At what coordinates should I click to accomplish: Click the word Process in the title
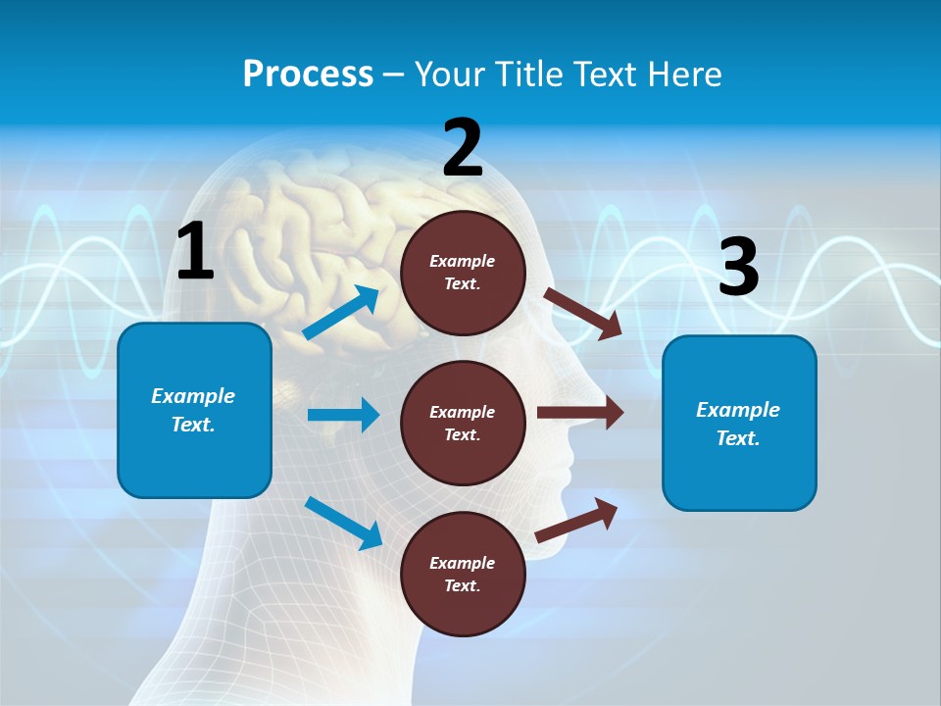coord(308,74)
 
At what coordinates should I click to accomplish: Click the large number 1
coord(195,252)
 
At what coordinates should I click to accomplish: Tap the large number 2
coord(463,148)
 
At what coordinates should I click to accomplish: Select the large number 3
coord(738,267)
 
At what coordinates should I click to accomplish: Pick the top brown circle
coord(463,273)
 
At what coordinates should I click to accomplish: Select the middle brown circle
coord(463,423)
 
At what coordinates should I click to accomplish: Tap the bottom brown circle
coord(463,574)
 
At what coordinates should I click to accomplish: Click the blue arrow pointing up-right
coord(341,314)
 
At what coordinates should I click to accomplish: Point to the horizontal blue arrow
coord(343,415)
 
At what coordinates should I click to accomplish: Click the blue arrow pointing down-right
coord(343,522)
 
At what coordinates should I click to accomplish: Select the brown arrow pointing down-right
coord(583,314)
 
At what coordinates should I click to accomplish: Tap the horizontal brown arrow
coord(580,412)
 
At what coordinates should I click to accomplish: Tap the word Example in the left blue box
coord(193,396)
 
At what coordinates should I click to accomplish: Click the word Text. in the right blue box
coord(738,438)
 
